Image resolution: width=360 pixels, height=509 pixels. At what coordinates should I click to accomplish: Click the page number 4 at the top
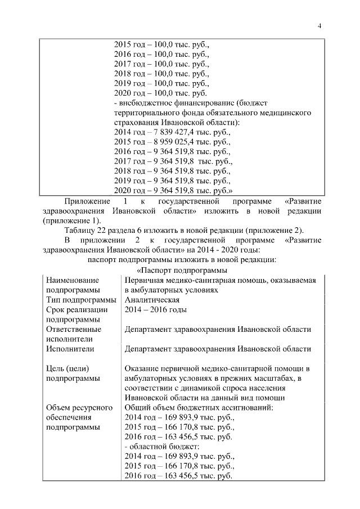coord(319,25)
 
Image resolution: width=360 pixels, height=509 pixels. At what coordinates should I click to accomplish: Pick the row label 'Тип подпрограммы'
coord(81,300)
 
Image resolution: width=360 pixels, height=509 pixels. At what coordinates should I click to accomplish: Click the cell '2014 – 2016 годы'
coord(155,310)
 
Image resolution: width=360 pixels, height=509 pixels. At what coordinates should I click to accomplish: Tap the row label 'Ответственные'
coord(74,330)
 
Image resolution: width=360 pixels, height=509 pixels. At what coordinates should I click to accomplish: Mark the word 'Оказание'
coord(142,368)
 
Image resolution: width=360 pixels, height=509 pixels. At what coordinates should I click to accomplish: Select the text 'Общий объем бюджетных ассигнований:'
coord(199,408)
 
